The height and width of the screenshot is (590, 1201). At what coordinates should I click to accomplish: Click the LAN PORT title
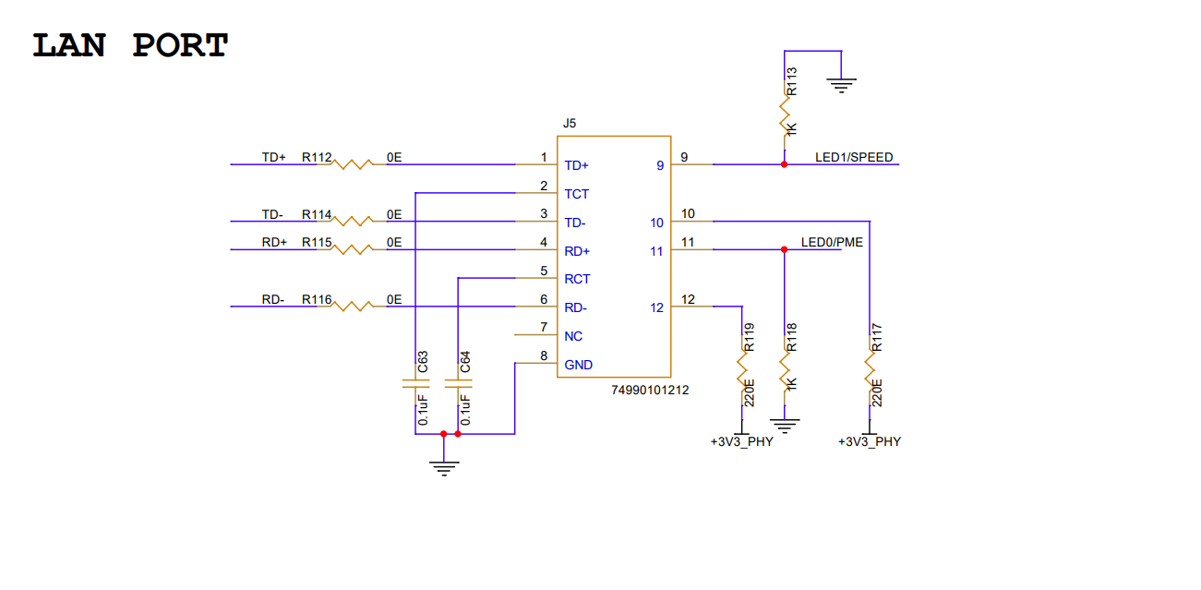point(130,45)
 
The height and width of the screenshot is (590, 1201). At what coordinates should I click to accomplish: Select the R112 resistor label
point(316,158)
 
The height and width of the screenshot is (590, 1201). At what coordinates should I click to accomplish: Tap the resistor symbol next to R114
point(353,221)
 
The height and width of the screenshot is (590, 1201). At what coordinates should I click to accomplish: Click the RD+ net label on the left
point(274,243)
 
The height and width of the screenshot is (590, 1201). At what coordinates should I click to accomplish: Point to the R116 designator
point(316,300)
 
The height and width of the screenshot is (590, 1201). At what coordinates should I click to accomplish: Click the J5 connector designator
point(570,123)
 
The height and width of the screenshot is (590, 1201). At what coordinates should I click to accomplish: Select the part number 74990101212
point(650,390)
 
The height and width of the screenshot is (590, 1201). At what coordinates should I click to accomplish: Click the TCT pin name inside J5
point(577,194)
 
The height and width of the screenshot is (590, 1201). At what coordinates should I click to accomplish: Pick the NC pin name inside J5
point(573,336)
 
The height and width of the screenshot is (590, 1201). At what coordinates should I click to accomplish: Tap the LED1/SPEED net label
point(854,158)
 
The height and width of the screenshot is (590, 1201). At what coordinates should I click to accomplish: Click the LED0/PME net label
point(832,243)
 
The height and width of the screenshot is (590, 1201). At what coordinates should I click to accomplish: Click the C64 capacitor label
point(466,362)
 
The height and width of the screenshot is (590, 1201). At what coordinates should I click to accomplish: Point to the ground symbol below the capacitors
point(444,467)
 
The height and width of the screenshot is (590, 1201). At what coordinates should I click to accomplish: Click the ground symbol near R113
point(841,86)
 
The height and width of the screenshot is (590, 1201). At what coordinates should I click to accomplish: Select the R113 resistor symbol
point(784,118)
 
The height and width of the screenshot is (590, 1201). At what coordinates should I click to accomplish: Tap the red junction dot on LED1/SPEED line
point(784,164)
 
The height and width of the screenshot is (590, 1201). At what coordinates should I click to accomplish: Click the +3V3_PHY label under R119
point(741,442)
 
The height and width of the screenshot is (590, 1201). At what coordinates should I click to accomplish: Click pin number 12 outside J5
point(689,299)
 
